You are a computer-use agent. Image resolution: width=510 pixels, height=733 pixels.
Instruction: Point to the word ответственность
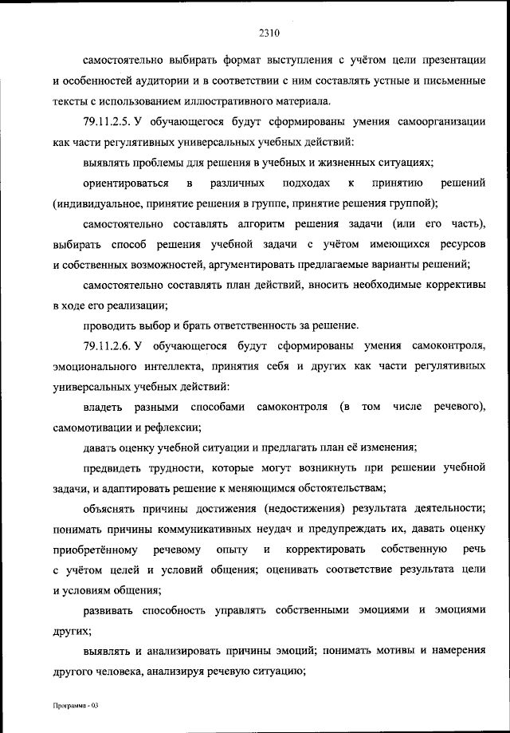coord(257,325)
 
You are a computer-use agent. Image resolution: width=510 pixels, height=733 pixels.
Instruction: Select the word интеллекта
coord(176,366)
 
